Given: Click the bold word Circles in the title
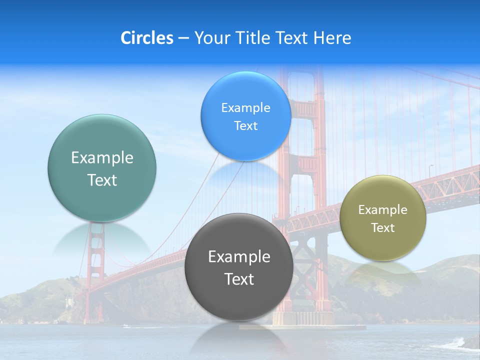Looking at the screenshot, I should tap(146, 38).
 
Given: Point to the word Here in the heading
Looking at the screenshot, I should tap(332, 38).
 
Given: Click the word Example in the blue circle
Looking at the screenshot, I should tap(246, 108).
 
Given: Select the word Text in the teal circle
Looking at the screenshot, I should tap(102, 180).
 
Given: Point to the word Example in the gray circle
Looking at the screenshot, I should tap(239, 257).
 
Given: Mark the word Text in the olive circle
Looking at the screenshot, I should tap(383, 228).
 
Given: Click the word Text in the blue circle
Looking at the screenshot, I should tap(246, 126).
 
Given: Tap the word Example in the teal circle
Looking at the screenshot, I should tap(102, 158).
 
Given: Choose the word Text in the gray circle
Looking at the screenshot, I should tap(239, 279).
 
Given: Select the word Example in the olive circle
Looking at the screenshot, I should tap(383, 210).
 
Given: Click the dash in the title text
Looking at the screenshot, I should tap(183, 38).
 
